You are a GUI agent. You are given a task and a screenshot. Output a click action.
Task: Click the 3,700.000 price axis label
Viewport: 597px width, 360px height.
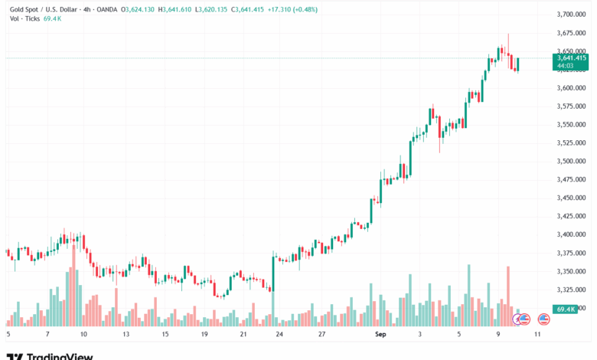pos(571,14)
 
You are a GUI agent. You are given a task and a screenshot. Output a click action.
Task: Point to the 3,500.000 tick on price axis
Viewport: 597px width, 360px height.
pos(571,161)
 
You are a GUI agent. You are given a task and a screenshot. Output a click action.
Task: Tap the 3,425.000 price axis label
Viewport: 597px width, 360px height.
pos(571,216)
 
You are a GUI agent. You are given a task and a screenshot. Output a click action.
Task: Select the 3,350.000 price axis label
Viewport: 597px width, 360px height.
pos(571,271)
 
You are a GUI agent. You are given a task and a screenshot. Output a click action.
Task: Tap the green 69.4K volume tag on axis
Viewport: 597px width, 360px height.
pos(566,309)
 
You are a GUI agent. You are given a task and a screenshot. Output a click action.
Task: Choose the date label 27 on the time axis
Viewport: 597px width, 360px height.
pos(322,335)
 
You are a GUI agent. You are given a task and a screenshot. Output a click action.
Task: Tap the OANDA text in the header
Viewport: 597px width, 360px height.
pos(109,9)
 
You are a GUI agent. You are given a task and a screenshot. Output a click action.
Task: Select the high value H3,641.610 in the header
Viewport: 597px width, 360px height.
pos(177,9)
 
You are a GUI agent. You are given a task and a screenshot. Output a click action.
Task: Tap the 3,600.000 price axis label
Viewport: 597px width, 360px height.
pos(571,87)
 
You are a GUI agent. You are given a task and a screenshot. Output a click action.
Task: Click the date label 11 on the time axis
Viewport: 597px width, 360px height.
pos(539,335)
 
